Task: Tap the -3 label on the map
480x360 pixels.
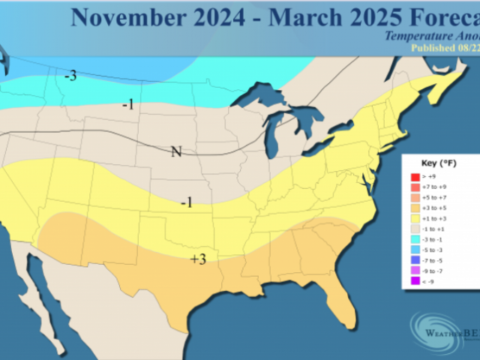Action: click(70, 75)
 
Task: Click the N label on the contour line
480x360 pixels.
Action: click(176, 151)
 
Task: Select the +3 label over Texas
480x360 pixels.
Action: click(198, 259)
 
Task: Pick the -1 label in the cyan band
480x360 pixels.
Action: click(127, 104)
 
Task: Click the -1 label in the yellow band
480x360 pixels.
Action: click(187, 202)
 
